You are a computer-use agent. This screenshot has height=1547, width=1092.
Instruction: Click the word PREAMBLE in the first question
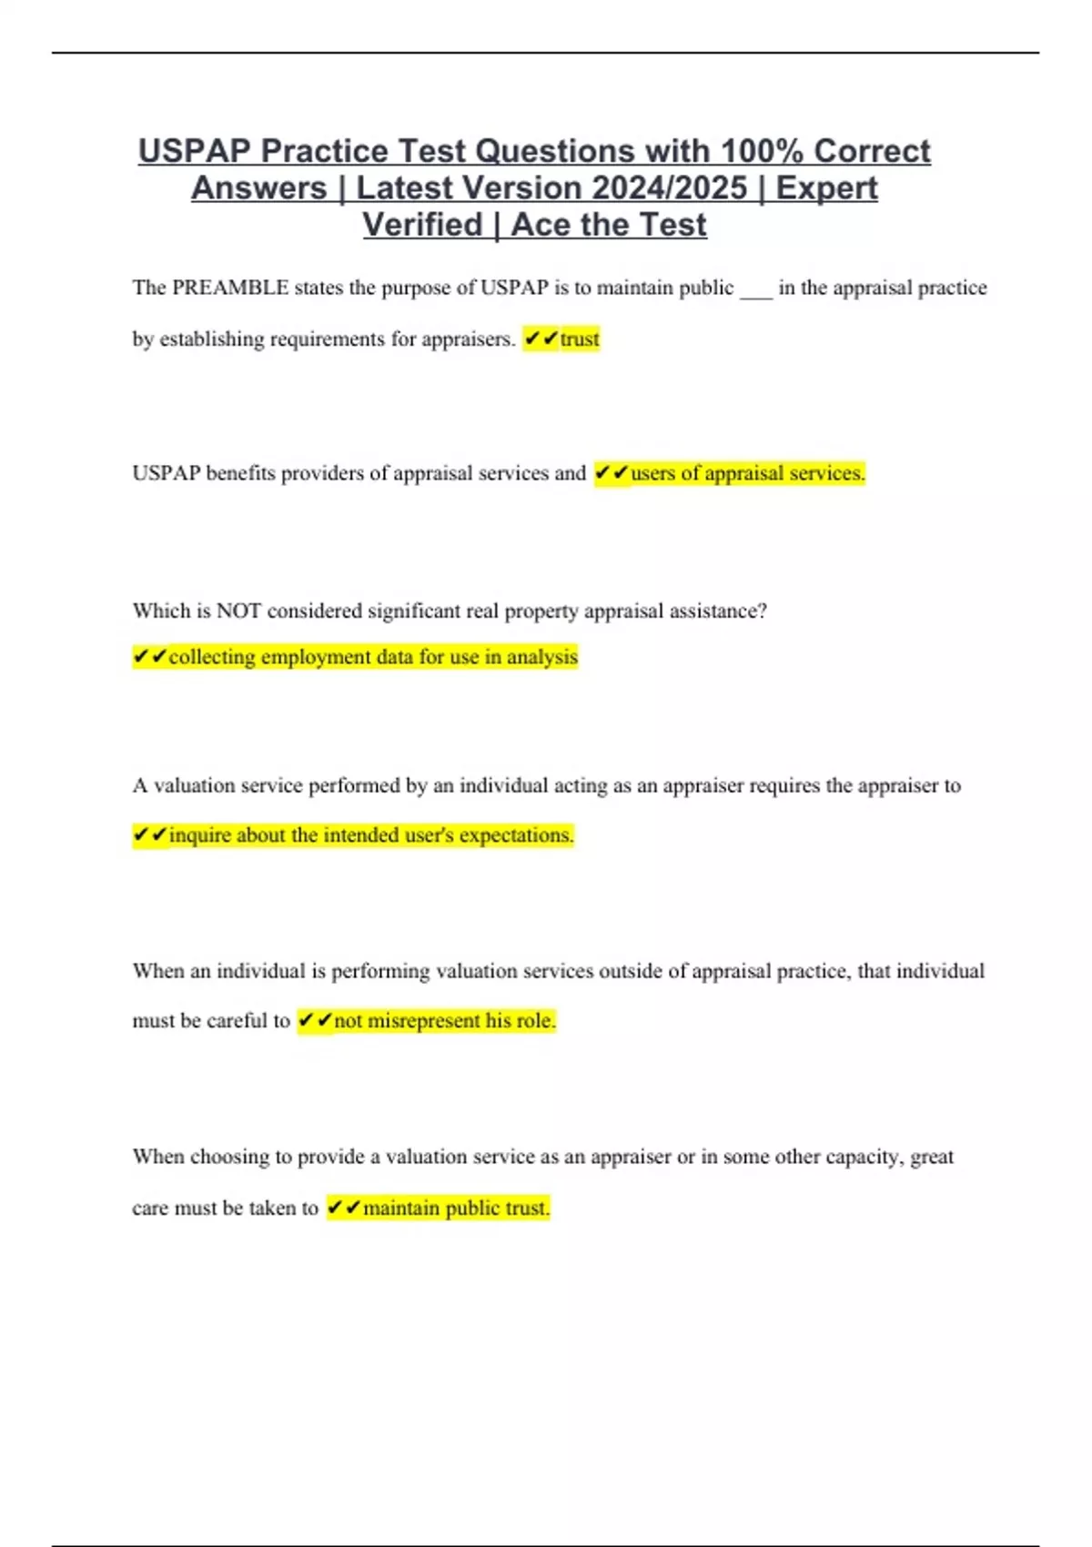pyautogui.click(x=229, y=288)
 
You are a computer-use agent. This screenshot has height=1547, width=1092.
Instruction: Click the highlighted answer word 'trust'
pyautogui.click(x=580, y=339)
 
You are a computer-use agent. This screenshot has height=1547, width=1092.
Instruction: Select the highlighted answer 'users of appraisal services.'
pyautogui.click(x=747, y=473)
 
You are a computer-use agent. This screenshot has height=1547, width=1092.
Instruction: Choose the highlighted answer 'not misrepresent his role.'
pyautogui.click(x=444, y=1021)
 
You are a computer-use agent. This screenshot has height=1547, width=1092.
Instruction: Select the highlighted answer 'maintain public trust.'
pyautogui.click(x=456, y=1208)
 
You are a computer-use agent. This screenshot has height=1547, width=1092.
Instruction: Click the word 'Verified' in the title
pyautogui.click(x=422, y=226)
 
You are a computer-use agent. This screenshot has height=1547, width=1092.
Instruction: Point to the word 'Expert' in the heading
pyautogui.click(x=826, y=188)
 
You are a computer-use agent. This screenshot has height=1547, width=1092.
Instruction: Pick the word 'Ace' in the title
pyautogui.click(x=541, y=226)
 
